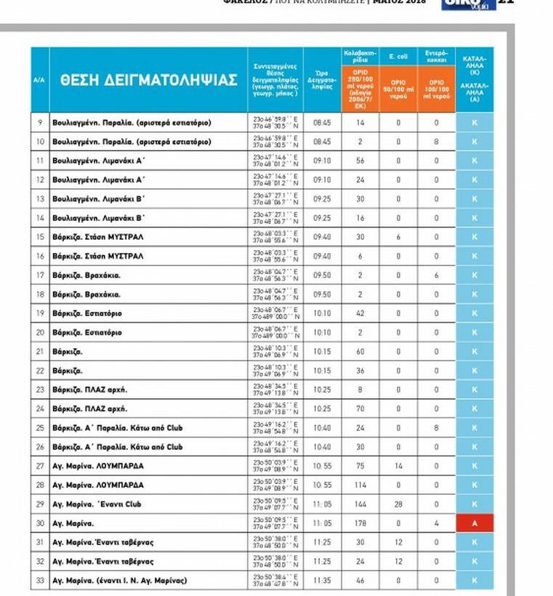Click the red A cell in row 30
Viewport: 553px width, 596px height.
[475, 523]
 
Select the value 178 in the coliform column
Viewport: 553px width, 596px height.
[360, 523]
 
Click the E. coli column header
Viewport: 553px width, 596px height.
[398, 55]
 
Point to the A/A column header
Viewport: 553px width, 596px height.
[40, 80]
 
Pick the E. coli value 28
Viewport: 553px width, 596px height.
[398, 504]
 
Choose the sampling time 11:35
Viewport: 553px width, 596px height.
[322, 581]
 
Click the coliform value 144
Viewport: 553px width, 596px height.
[360, 504]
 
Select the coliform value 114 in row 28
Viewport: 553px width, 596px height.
[360, 485]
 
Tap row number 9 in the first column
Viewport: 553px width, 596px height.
[40, 123]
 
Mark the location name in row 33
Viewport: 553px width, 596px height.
[120, 581]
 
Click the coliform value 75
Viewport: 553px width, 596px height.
[360, 466]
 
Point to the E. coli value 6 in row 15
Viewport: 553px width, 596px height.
[398, 237]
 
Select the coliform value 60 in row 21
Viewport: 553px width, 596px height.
[360, 351]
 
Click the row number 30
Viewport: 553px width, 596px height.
[40, 523]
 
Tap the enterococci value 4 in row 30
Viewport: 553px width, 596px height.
[437, 523]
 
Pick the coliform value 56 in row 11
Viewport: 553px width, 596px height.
[360, 161]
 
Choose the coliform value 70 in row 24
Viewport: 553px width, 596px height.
[360, 408]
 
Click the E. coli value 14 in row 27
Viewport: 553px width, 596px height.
[398, 466]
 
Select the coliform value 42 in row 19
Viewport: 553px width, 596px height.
[360, 313]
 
